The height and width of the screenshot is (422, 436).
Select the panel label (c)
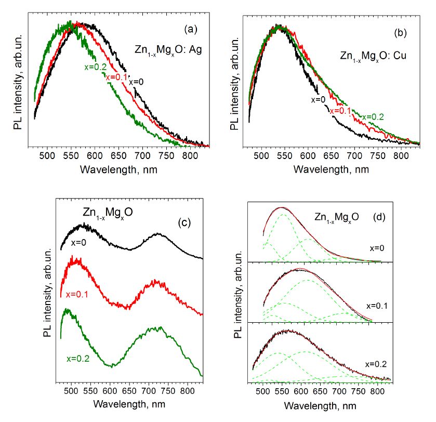[186, 223]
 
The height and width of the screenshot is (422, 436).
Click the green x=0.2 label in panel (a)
[94, 67]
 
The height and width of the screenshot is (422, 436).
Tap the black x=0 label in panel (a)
[136, 81]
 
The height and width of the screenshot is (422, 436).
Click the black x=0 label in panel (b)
[318, 100]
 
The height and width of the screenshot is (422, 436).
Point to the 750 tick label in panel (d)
[358, 390]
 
